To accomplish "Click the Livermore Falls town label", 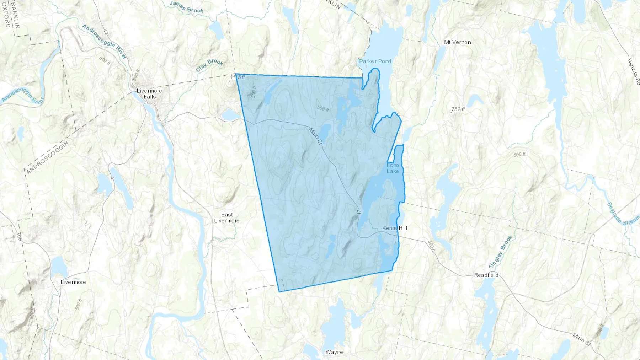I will point(149,93).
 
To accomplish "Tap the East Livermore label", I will point(227,217).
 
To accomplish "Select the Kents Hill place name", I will point(394,228).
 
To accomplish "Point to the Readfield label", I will point(486,275).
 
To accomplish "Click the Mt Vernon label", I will point(457,42).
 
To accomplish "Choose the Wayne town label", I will point(334,352).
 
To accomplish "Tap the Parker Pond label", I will point(375,61).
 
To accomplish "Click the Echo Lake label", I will point(393,168).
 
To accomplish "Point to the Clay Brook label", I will point(209,65).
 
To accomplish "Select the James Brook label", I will point(186,7).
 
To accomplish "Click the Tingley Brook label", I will point(501,252).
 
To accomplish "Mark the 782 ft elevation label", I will point(458,109).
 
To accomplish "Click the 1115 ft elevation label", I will point(238,77).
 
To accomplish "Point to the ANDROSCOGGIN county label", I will point(47,157).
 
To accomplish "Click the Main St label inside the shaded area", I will point(315,136).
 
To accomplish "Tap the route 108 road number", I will point(19,237).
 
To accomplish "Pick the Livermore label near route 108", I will point(73,282).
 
